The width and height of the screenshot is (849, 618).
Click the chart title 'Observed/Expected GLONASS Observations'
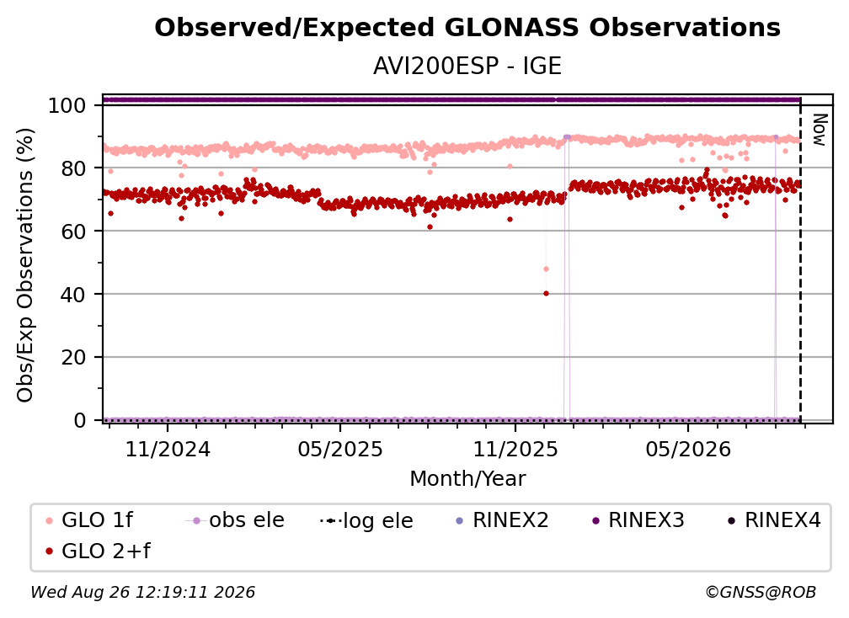467,28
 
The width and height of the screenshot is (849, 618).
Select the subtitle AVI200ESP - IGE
467,67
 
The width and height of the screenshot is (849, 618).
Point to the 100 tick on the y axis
67,105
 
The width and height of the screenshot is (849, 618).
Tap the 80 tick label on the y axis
73,168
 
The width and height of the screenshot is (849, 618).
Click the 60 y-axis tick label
73,232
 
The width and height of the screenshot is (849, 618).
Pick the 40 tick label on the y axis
73,295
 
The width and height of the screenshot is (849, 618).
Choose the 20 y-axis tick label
73,358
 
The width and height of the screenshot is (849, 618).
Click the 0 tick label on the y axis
80,420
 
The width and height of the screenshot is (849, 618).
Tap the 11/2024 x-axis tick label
168,449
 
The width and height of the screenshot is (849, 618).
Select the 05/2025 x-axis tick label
340,449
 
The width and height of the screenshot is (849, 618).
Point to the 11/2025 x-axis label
515,449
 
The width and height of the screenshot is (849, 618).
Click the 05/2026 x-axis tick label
688,449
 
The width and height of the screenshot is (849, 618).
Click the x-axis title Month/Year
467,479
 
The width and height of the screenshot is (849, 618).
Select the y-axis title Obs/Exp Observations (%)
25,265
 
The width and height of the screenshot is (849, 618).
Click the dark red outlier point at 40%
546,294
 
